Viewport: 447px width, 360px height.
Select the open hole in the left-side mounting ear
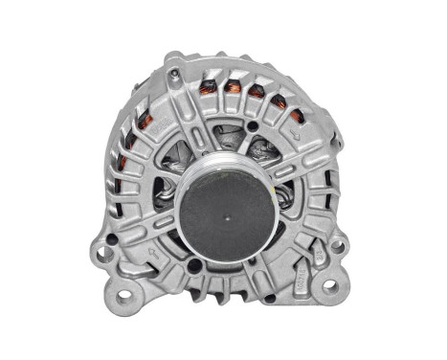coord(101,255)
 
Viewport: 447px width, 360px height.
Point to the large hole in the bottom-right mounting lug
coord(329,286)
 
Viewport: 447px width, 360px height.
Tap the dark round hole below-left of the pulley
coord(196,265)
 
